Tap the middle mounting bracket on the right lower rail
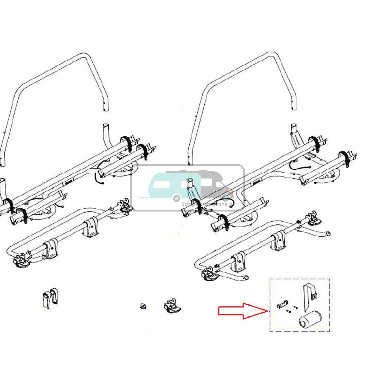coord(277,243)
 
